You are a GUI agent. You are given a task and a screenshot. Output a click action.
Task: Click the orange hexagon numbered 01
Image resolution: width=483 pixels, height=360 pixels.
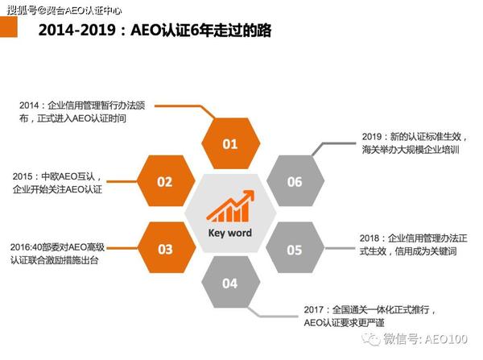230,144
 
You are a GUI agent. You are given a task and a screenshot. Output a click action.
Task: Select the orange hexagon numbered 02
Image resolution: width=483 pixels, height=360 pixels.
164,182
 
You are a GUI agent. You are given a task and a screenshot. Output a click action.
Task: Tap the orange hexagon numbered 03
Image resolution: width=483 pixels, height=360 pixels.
164,249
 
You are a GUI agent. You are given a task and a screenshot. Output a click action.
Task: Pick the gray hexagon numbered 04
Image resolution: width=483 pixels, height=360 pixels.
230,283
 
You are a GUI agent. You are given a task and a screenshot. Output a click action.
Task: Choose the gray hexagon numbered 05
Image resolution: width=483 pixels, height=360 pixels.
295,249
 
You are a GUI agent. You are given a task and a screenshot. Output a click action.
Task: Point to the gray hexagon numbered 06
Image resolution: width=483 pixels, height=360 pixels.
295,182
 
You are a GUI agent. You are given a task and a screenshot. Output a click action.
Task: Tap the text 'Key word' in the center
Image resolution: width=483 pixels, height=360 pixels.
230,233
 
